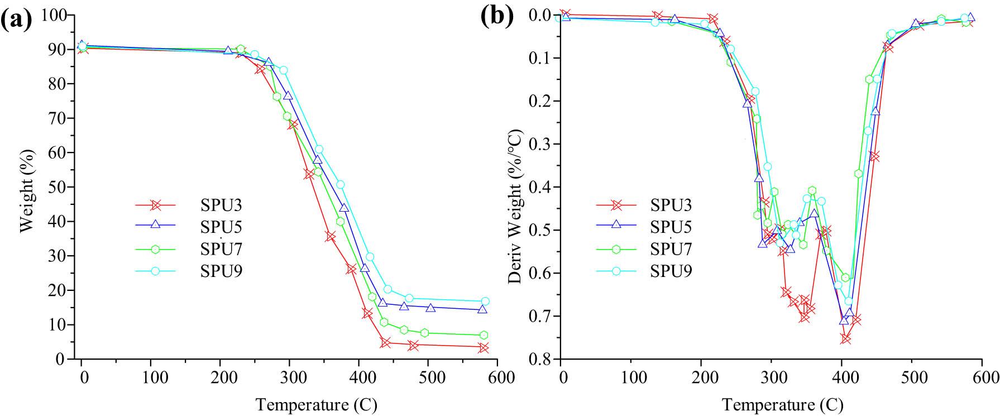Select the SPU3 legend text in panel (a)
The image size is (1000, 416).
coord(221,205)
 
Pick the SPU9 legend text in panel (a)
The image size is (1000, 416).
coord(221,271)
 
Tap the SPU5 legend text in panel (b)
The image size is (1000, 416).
coord(671,227)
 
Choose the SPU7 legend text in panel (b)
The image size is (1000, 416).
coord(671,249)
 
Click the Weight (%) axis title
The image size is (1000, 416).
coord(27,190)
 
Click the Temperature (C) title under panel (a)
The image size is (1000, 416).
coord(316,404)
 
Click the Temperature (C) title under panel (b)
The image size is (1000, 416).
coord(782,404)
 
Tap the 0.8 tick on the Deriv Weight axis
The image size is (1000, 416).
coord(541,358)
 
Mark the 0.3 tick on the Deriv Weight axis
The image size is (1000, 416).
coord(541,144)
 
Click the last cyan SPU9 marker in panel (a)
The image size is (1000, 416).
coord(485,301)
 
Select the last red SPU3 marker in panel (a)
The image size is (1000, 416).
coord(484,347)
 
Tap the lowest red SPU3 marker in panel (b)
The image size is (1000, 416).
coord(845,338)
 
